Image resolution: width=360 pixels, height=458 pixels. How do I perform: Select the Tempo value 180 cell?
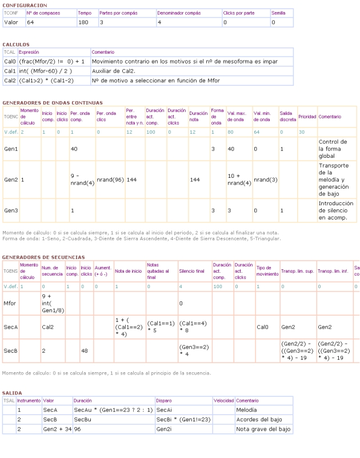83,22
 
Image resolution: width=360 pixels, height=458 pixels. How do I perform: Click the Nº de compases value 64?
30,22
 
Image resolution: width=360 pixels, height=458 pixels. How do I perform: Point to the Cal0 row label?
10,61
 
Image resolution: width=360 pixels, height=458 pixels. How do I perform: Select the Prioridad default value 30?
302,132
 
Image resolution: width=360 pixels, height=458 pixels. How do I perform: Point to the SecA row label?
10,327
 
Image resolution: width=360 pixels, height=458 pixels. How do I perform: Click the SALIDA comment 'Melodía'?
247,410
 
